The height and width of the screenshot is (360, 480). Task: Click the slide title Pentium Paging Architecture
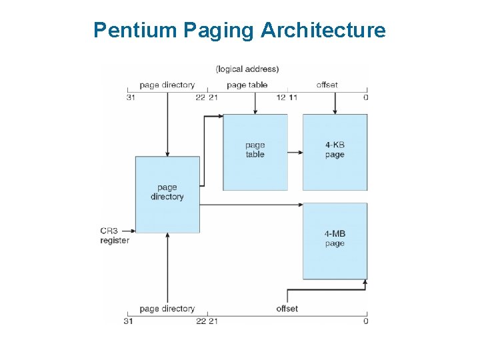239,30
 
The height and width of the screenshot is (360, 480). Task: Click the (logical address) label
247,69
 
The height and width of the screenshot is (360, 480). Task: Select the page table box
255,152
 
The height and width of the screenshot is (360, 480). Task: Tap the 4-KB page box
335,152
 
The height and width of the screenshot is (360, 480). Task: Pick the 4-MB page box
335,240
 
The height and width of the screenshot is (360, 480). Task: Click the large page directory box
167,194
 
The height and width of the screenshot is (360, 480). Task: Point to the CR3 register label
115,236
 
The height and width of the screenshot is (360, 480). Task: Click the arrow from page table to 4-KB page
295,153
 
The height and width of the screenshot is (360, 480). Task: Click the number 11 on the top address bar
293,98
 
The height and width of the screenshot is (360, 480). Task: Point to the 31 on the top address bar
131,98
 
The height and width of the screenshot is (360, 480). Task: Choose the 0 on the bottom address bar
366,321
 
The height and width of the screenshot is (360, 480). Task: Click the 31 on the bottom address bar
129,321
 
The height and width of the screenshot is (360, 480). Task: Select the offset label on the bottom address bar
287,309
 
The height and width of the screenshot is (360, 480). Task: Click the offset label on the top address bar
327,85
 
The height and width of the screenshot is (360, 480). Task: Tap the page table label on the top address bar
247,85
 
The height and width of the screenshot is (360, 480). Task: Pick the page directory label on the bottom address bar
167,309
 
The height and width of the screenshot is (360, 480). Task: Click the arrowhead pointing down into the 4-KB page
335,111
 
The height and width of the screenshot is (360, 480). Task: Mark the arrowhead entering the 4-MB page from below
365,283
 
